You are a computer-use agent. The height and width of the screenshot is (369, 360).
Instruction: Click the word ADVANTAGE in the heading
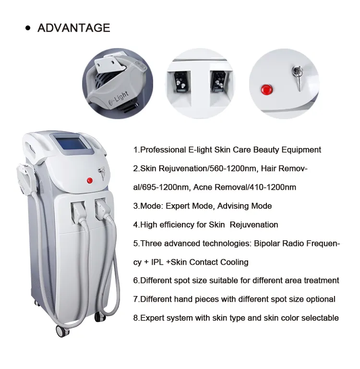pos(74,28)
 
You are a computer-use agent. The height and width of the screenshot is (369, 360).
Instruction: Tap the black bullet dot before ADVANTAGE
pos(28,28)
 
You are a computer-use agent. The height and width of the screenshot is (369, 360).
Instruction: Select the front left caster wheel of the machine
pos(61,331)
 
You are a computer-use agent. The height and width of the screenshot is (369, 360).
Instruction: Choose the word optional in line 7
pos(320,299)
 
